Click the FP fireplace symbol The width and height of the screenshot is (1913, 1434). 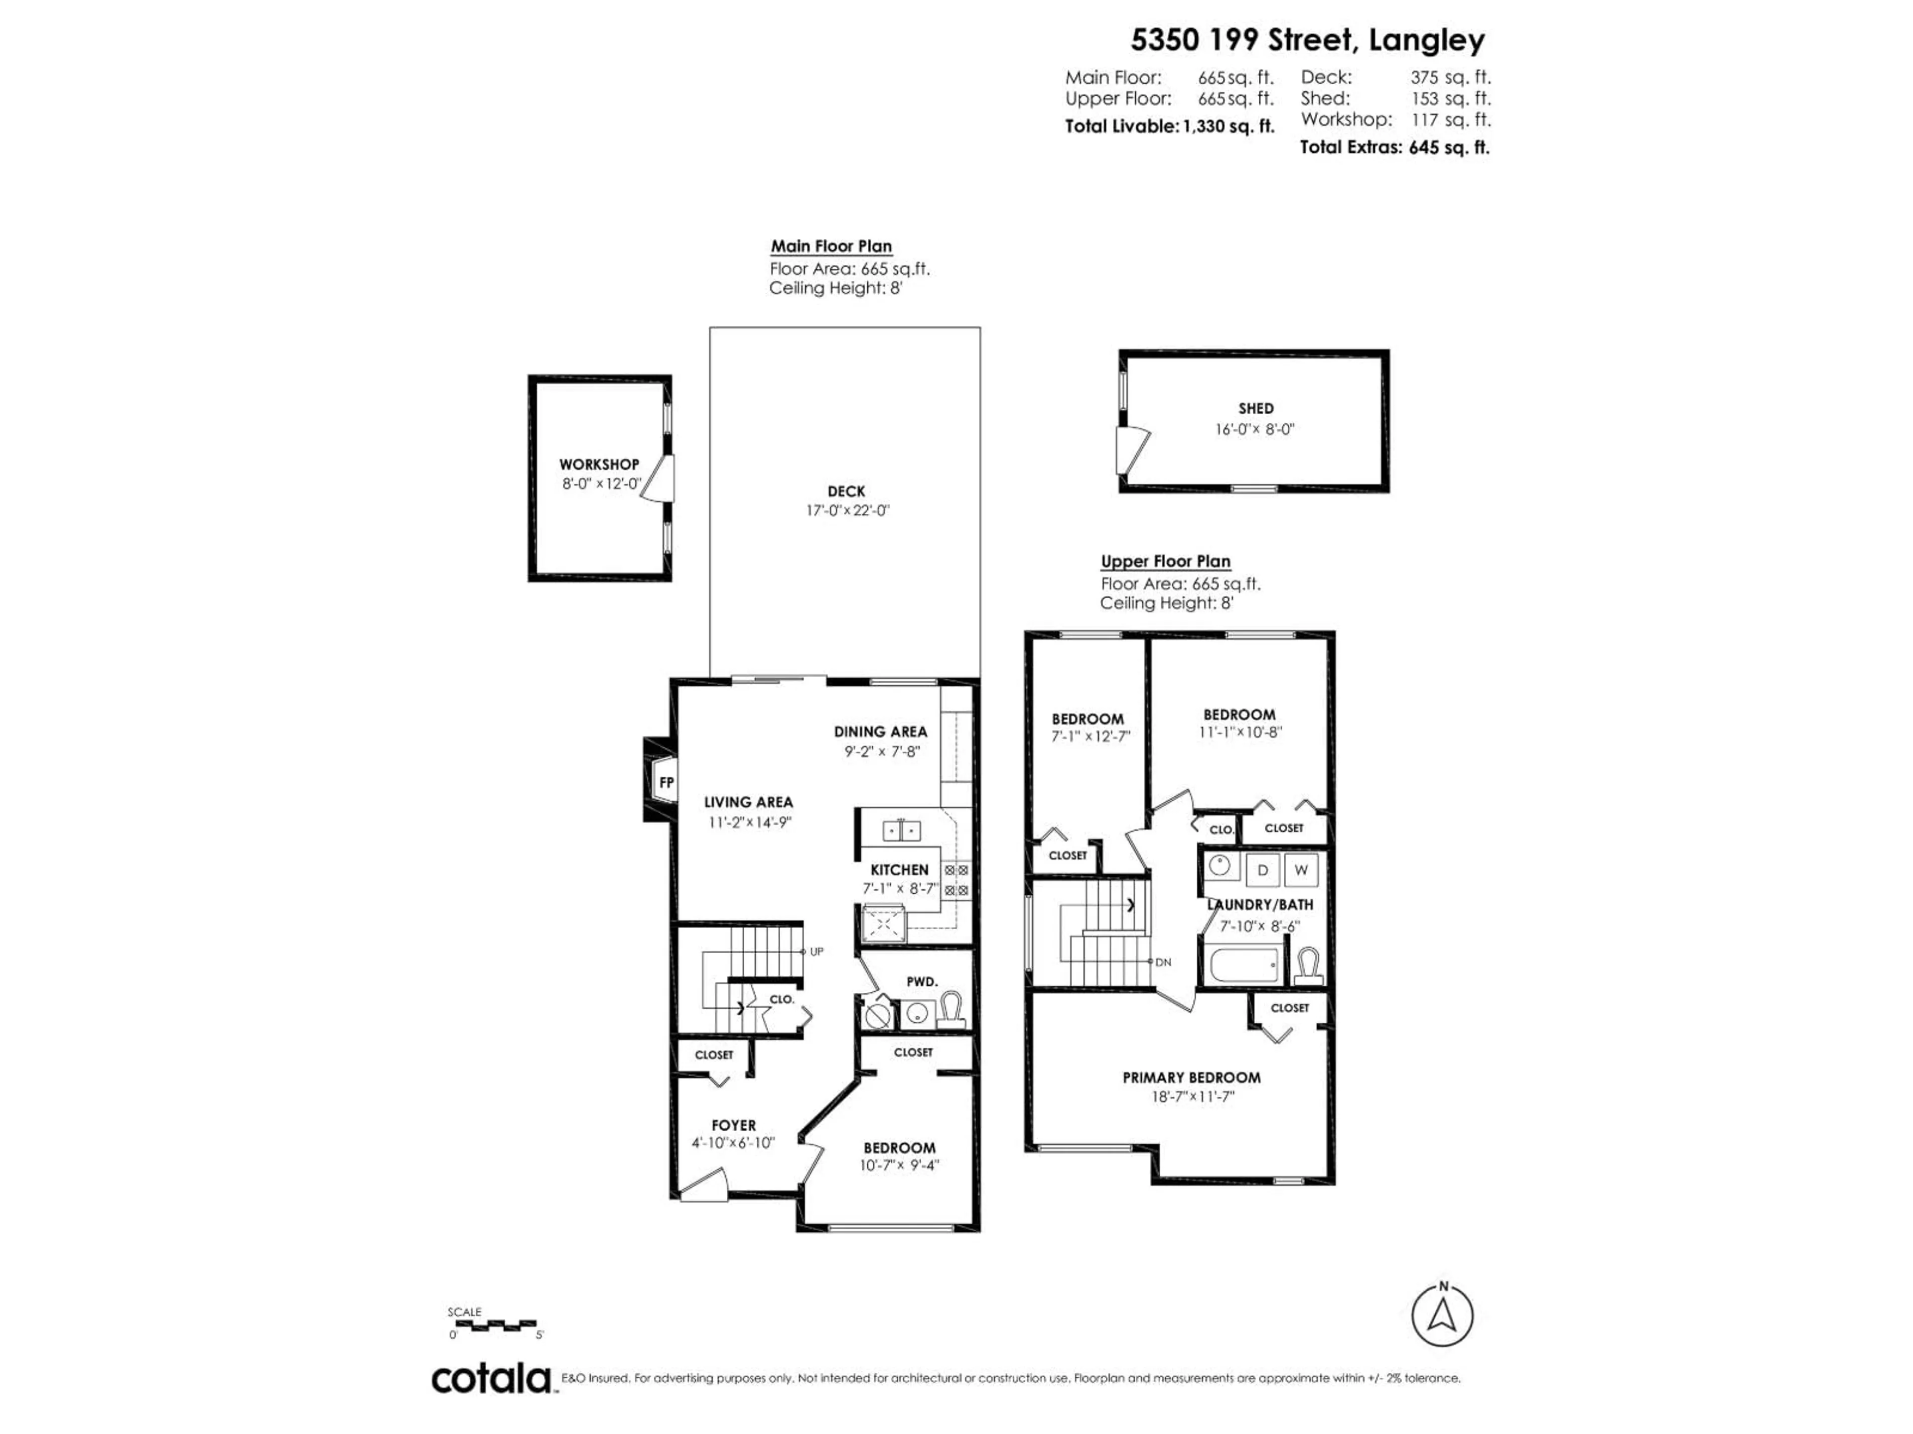(x=665, y=782)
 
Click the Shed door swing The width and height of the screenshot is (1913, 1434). (x=1131, y=450)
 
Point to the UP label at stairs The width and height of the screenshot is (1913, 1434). (x=817, y=952)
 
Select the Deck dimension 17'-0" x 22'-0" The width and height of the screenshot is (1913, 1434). (x=847, y=511)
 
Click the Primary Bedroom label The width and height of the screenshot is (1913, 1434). (x=1191, y=1078)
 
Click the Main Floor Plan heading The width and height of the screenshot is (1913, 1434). (x=831, y=246)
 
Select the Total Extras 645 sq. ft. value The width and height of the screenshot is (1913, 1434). (x=1449, y=148)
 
